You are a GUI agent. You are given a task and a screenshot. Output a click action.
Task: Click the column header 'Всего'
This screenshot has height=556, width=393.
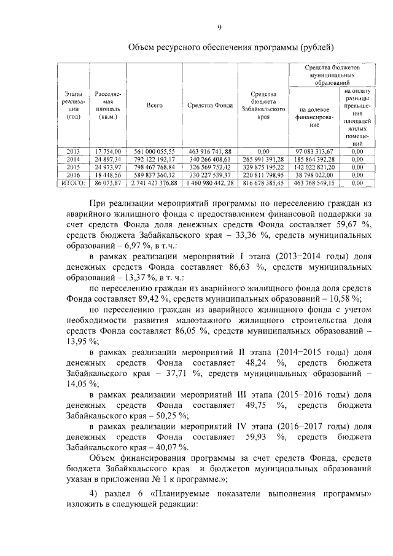pos(154,106)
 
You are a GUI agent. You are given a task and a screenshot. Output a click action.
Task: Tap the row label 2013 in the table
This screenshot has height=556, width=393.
pos(73,151)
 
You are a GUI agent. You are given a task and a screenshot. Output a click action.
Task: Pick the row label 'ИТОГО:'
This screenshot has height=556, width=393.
pos(73,182)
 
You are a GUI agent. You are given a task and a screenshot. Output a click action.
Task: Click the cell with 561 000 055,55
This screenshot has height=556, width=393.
pos(154,151)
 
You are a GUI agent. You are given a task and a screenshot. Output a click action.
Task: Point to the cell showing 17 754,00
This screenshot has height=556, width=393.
pos(108,151)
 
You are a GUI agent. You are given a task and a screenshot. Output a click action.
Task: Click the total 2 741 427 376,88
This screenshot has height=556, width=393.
pos(154,182)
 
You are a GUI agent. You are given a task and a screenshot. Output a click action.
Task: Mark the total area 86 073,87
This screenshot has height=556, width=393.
pos(108,182)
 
